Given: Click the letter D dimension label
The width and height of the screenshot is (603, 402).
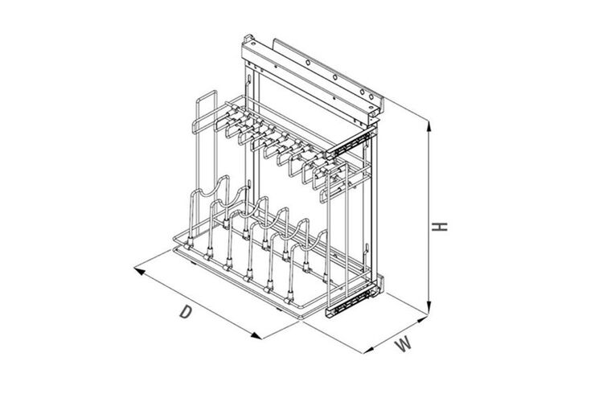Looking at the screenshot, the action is click(186, 312).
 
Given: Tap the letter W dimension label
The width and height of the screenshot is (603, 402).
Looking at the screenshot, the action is click(404, 343).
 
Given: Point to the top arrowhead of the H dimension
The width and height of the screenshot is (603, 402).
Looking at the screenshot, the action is click(429, 125).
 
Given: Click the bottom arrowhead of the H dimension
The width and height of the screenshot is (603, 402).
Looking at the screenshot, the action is click(429, 309).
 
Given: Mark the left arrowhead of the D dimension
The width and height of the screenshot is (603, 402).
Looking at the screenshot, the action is click(139, 271).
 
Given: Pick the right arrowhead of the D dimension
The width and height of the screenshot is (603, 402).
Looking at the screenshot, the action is click(256, 336).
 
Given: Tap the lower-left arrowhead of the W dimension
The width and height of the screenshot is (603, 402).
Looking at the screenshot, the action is click(368, 350).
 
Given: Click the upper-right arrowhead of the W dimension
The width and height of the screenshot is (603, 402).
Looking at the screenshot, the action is click(423, 318).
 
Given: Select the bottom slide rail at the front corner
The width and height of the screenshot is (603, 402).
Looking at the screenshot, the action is click(350, 301).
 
